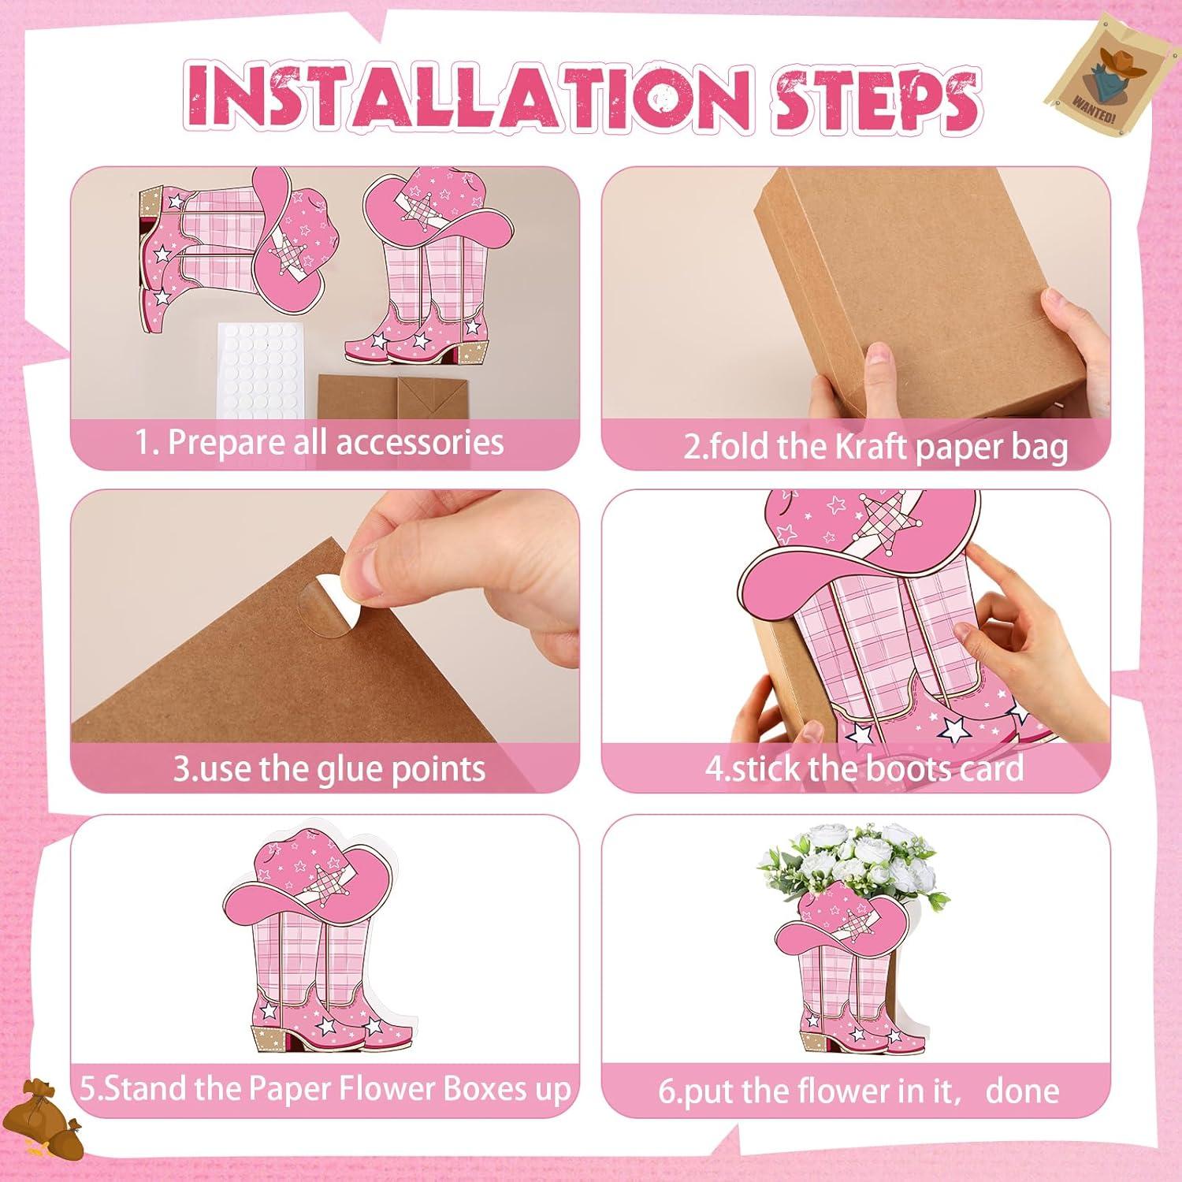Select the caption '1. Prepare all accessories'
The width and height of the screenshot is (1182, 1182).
(x=319, y=442)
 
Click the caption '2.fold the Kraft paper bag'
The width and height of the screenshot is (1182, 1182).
(x=875, y=447)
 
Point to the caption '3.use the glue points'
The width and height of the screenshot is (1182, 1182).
(x=329, y=768)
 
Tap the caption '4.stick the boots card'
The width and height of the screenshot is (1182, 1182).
(x=864, y=768)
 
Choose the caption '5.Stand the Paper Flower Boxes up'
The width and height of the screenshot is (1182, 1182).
(x=325, y=1089)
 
